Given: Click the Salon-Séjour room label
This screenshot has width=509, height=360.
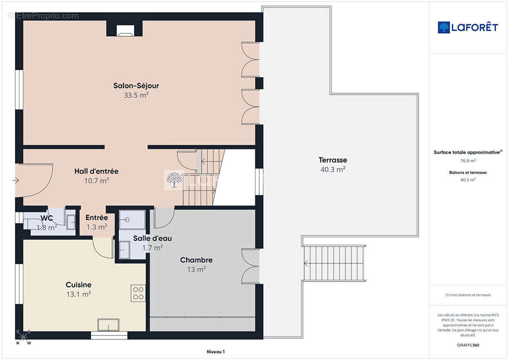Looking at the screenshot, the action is pyautogui.click(x=136, y=85).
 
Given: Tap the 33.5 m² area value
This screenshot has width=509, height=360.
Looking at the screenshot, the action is pyautogui.click(x=136, y=95).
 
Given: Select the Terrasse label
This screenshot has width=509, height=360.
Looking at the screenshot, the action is pyautogui.click(x=333, y=160).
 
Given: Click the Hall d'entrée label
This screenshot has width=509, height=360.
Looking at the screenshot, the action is pyautogui.click(x=96, y=171).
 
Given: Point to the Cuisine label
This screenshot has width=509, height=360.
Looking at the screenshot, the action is pyautogui.click(x=79, y=285).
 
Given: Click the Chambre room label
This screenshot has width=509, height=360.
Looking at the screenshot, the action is pyautogui.click(x=196, y=260).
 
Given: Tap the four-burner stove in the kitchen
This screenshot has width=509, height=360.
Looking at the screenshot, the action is pyautogui.click(x=138, y=293).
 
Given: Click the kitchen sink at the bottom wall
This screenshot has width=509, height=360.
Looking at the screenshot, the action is pyautogui.click(x=108, y=325).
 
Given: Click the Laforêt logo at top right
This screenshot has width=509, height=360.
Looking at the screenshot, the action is pyautogui.click(x=468, y=27).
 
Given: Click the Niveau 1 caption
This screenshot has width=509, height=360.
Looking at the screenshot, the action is pyautogui.click(x=216, y=351).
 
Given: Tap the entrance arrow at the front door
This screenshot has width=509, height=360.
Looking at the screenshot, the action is pyautogui.click(x=16, y=180).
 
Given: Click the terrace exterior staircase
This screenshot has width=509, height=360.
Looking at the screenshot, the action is pyautogui.click(x=334, y=263).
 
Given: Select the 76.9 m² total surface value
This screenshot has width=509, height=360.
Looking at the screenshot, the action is pyautogui.click(x=468, y=161).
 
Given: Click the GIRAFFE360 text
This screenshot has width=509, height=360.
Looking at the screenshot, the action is pyautogui.click(x=468, y=345).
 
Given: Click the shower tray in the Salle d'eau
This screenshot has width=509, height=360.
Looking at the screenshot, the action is pyautogui.click(x=132, y=220).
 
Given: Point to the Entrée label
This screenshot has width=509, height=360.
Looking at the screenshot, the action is pyautogui.click(x=97, y=217).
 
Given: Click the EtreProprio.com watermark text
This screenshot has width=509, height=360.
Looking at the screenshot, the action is pyautogui.click(x=44, y=16).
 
